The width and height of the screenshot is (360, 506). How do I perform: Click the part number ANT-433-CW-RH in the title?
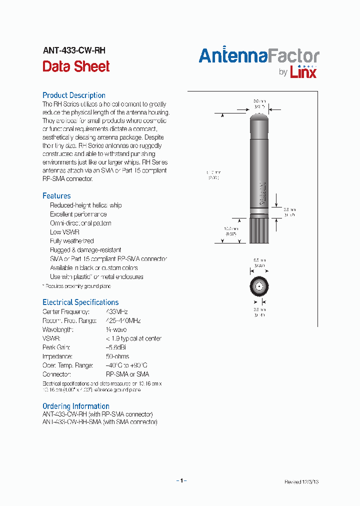74,50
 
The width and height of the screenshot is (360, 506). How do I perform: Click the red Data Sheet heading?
76,66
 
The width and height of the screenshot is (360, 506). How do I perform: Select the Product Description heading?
74,95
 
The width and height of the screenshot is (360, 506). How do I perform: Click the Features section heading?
56,196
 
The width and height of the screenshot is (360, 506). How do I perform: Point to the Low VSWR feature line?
64,232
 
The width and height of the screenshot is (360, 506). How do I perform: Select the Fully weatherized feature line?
72,241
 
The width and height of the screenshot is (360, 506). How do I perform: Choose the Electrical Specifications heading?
80,302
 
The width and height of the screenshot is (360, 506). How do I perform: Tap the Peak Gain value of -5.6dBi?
116,347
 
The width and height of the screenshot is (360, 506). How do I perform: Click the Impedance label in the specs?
57,356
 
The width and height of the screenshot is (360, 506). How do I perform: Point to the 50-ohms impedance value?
117,356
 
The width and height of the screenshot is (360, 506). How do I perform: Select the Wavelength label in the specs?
58,329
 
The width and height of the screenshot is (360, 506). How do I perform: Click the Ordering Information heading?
76,406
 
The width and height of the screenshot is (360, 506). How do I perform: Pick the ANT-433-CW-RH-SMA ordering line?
100,422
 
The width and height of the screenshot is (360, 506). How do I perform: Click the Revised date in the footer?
301,482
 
